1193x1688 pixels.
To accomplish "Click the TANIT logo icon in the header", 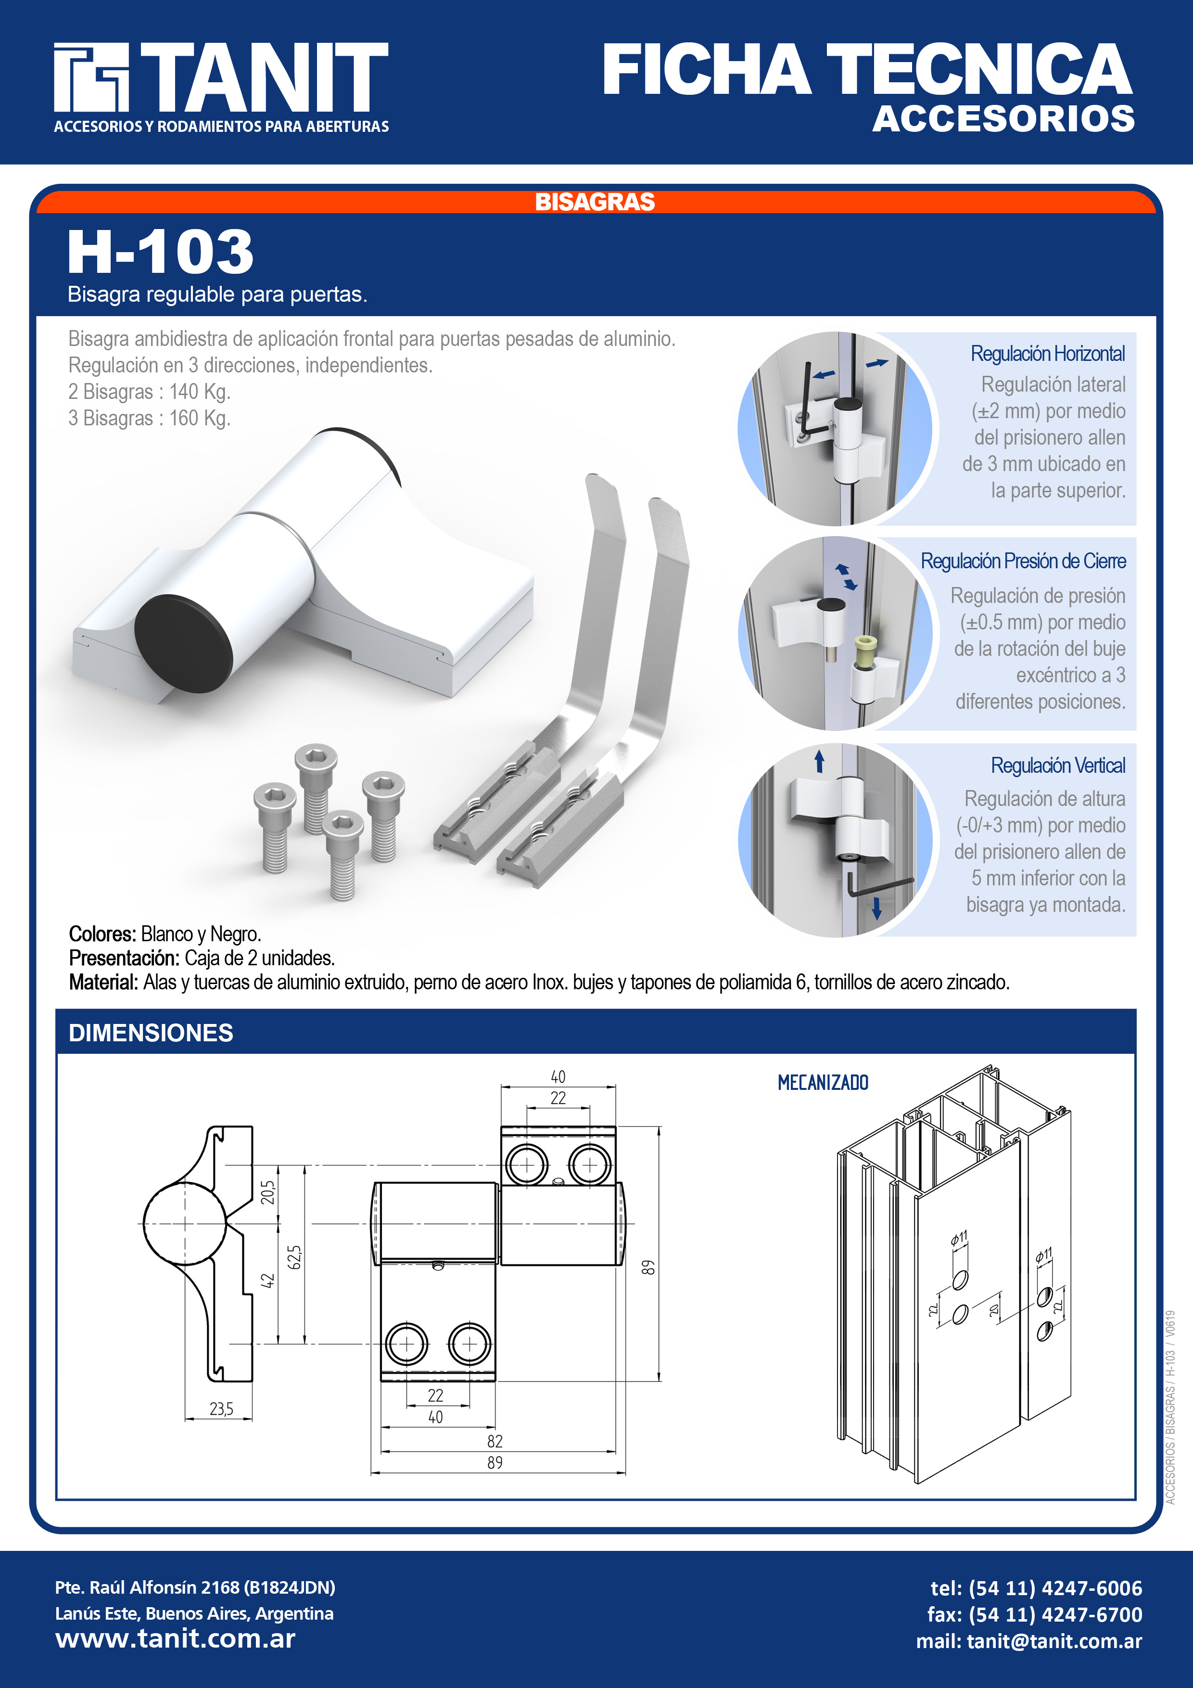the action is [x=91, y=77].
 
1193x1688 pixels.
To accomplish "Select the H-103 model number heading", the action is [x=160, y=252].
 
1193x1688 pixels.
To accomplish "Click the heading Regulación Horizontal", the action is [x=1047, y=354].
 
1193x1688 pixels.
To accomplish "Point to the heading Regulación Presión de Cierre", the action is [x=1023, y=561].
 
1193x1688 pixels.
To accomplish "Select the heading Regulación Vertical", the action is [x=1058, y=766].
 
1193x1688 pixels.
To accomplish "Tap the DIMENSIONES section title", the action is [x=151, y=1033].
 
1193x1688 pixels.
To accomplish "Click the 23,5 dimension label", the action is [x=221, y=1408].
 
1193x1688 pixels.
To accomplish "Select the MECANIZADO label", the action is [x=823, y=1082].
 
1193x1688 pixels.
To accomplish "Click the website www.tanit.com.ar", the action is [x=175, y=1639].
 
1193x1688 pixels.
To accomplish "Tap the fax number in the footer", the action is [x=1034, y=1614].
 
